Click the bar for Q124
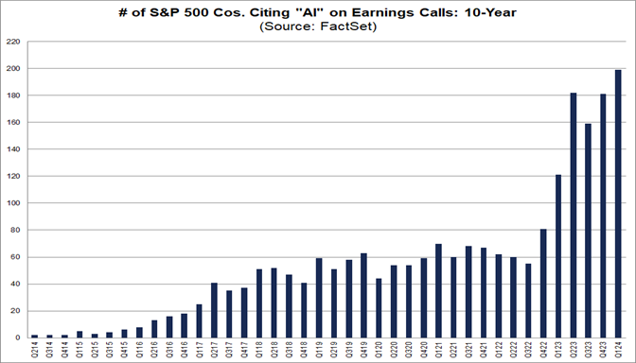[618, 204]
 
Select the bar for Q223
[574, 216]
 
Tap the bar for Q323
[588, 231]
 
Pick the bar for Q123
[558, 256]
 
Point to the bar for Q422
[543, 284]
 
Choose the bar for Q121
[438, 291]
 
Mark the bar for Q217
[214, 310]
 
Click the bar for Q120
[379, 308]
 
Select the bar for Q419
[363, 295]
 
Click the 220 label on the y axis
[12, 42]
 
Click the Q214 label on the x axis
[34, 349]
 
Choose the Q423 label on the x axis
[603, 349]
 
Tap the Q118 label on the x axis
[258, 349]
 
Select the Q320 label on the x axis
[409, 349]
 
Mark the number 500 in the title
[196, 12]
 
